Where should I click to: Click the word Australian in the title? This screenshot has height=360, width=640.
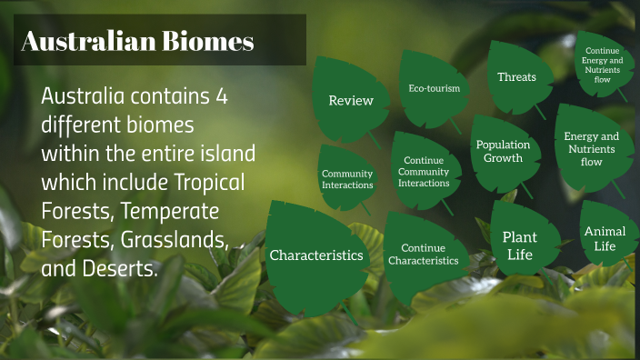(85, 41)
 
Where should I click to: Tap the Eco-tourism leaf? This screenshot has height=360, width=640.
(434, 89)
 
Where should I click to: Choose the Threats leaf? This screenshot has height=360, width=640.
(516, 77)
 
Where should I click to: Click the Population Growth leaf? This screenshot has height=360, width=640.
(503, 151)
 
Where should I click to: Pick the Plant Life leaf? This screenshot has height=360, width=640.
(520, 245)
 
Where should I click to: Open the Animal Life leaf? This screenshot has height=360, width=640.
(605, 239)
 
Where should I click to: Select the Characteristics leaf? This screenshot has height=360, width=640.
(315, 255)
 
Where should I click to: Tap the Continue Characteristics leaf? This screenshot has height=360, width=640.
(423, 254)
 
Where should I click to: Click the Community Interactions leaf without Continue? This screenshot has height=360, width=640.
(347, 179)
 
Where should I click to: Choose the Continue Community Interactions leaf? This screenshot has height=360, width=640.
(424, 171)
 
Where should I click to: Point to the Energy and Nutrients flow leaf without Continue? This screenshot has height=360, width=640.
(591, 149)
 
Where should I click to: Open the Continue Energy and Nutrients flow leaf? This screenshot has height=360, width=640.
(604, 65)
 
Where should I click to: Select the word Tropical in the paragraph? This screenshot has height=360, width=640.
(212, 182)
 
